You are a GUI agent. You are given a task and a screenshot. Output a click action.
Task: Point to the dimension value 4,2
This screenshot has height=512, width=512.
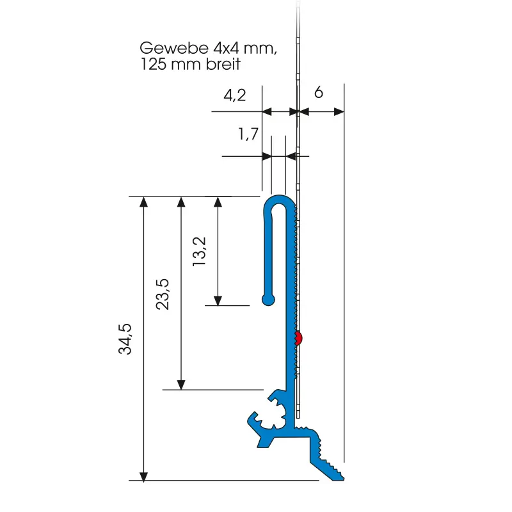coord(234,96)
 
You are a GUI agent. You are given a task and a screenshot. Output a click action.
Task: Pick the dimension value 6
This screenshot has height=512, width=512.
coord(319,93)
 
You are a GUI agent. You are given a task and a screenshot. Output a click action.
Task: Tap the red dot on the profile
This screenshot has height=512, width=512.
coord(299,338)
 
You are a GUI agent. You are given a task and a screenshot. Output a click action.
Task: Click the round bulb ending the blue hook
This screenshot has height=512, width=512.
coord(268,299)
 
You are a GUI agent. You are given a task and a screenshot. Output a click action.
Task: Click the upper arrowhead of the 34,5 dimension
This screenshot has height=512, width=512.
coord(144,202)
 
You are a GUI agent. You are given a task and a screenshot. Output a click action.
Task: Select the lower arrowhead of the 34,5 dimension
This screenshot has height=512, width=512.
coord(144,476)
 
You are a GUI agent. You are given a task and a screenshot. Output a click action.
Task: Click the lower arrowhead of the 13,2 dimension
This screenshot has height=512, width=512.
coord(218,300)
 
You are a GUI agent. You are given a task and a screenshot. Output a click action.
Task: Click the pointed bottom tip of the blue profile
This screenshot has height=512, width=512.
coord(346,477)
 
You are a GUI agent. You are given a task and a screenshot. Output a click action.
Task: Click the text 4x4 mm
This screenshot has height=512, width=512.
coord(244,49)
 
